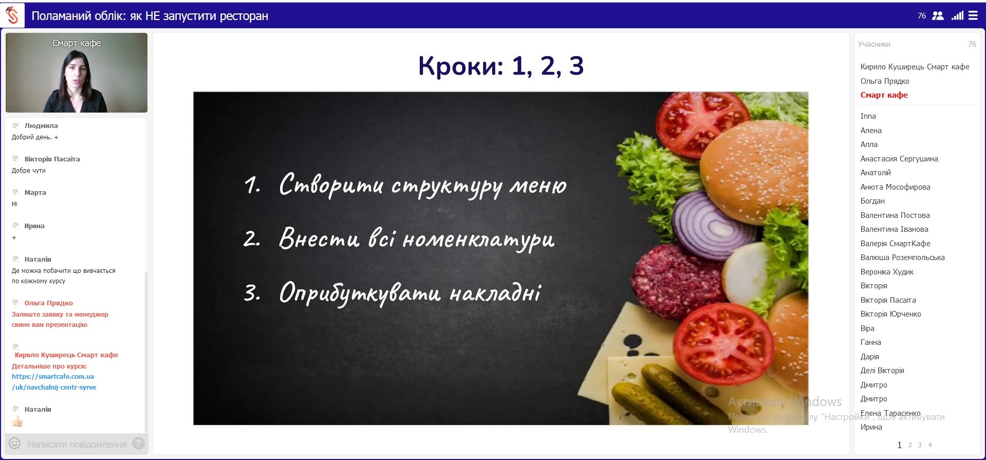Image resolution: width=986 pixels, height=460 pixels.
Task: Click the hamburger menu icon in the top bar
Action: (x=973, y=15)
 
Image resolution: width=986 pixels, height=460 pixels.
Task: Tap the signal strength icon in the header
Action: (x=957, y=15)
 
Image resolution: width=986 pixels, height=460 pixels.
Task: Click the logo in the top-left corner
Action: (x=12, y=15)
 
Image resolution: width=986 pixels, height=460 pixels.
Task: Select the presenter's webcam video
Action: (x=77, y=72)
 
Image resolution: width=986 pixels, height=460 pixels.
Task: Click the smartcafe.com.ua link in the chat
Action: (x=53, y=382)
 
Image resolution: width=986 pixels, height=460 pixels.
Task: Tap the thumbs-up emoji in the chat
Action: (x=17, y=422)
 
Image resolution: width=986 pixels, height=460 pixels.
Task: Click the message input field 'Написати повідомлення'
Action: (x=77, y=444)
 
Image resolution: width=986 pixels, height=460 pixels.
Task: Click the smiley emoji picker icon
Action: (x=15, y=443)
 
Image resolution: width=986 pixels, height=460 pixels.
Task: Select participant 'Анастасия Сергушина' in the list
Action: (x=899, y=159)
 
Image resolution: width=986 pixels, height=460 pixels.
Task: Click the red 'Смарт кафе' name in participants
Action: (x=884, y=95)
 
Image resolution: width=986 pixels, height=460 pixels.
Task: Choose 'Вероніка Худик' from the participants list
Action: (x=887, y=272)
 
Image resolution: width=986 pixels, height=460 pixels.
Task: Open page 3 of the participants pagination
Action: (x=920, y=445)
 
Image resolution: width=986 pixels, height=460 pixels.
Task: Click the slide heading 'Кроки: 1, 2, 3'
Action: (x=501, y=66)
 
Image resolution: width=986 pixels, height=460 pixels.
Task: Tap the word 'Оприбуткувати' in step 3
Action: (x=360, y=293)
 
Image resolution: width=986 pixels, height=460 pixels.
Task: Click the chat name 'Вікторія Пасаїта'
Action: (x=52, y=159)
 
